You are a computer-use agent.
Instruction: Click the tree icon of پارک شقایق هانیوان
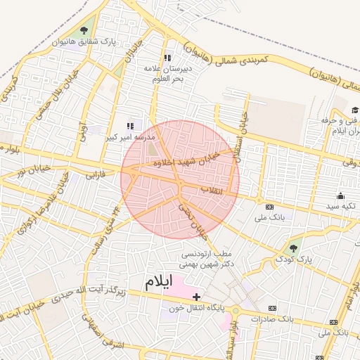click(84, 30)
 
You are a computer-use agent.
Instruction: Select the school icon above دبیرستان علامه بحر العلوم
click(167, 58)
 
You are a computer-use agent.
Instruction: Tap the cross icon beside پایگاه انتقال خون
click(196, 297)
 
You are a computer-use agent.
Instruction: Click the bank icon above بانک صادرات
click(272, 308)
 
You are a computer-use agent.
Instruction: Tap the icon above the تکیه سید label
click(341, 195)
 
